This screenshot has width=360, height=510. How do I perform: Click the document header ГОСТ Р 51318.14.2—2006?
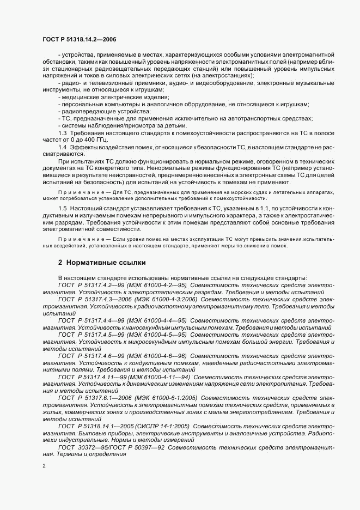(79, 40)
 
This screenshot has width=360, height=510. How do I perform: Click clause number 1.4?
(62, 148)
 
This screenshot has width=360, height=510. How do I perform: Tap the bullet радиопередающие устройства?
(90, 111)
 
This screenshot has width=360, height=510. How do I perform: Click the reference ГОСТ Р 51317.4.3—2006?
(95, 299)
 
